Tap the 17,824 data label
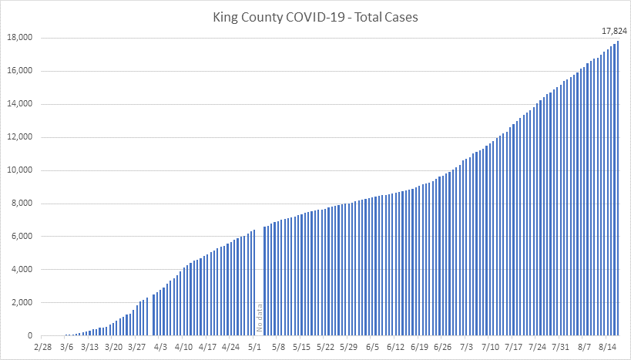(x=614, y=31)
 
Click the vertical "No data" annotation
(x=260, y=318)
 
